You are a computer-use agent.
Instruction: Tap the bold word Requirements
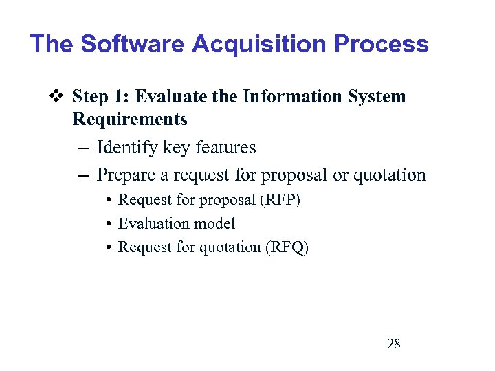(129, 120)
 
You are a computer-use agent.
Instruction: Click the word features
(224, 148)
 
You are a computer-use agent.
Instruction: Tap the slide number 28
(393, 344)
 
